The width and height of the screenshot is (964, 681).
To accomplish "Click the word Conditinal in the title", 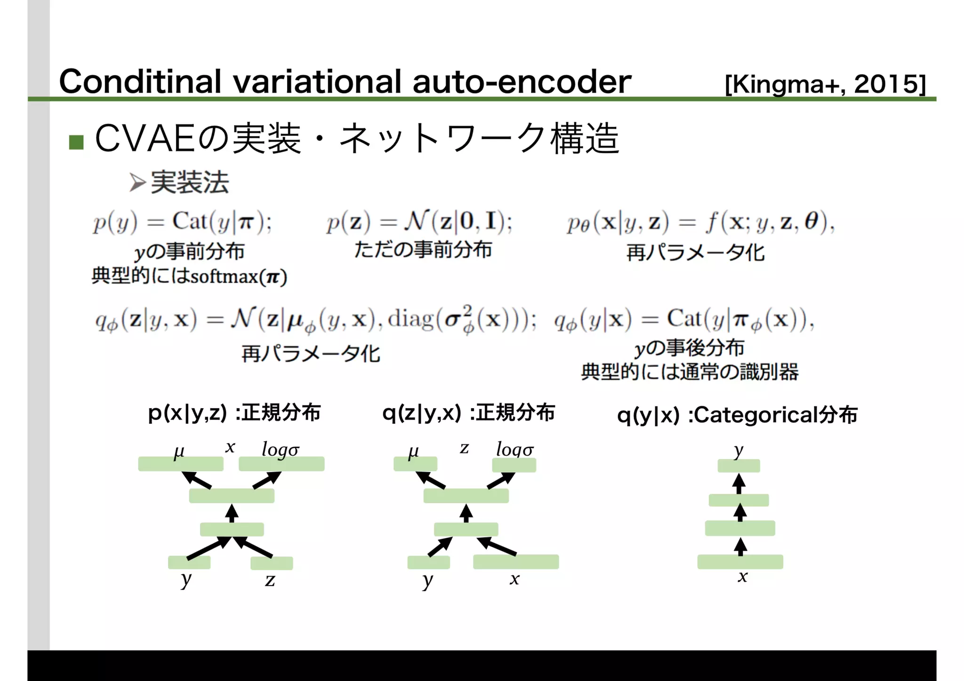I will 140,82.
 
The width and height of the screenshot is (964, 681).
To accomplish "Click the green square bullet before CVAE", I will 76,142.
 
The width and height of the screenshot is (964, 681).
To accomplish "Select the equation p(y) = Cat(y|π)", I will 183,222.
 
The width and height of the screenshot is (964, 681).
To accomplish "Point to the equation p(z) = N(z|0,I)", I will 419,222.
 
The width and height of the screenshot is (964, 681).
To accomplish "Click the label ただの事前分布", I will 423,250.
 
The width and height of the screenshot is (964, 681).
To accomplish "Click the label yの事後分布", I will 689,348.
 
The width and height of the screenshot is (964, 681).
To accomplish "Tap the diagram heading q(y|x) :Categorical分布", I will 737,415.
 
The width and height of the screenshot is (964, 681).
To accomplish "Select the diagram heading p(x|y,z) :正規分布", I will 234,413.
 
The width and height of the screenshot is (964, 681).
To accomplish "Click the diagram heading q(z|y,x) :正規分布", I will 468,413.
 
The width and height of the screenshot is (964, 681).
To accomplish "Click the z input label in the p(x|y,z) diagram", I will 270,580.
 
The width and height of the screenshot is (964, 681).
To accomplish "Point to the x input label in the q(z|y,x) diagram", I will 514,579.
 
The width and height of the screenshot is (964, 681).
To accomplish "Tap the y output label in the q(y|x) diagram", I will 739,451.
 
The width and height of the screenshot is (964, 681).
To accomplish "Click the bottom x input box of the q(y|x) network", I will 740,562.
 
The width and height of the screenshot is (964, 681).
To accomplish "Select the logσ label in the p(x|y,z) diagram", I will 281,450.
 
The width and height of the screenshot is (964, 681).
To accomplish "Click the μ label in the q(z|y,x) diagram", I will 413,451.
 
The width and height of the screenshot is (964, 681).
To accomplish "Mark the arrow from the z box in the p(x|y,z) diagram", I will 253,547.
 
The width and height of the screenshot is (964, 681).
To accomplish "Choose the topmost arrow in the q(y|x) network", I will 739,483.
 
